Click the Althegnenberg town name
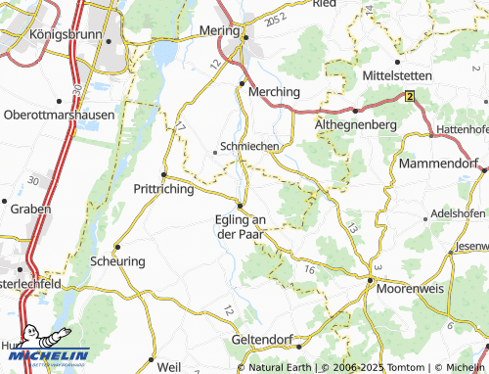pyautogui.click(x=355, y=125)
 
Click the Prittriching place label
pyautogui.click(x=163, y=189)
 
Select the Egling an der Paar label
pyautogui.click(x=240, y=226)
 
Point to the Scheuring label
pyautogui.click(x=117, y=261)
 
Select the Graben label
pyautogui.click(x=26, y=209)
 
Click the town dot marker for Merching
pyautogui.click(x=242, y=84)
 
